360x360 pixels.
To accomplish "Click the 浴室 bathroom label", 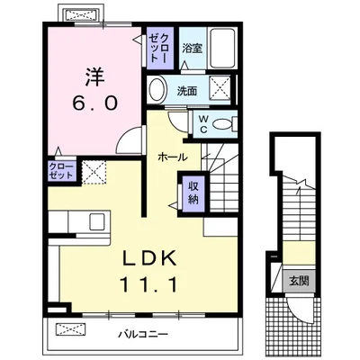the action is [x=193, y=49].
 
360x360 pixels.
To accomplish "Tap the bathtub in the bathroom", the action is [x=222, y=48].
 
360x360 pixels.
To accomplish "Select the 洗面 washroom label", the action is [x=186, y=91].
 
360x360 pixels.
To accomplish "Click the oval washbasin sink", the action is [x=157, y=90].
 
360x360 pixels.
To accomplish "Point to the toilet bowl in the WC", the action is [x=222, y=124].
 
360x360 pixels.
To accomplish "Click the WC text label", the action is [x=203, y=124].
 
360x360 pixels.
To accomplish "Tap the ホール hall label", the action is [x=173, y=157].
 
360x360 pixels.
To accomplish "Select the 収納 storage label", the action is [x=193, y=193].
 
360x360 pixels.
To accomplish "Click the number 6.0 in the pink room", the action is [x=94, y=103].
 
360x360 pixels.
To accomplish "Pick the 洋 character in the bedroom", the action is [x=94, y=76].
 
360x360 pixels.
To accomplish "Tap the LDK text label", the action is [x=148, y=257].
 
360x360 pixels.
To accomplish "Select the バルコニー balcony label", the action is [x=142, y=334].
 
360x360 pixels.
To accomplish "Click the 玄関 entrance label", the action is [x=299, y=281].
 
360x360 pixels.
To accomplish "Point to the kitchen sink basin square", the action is [x=97, y=221].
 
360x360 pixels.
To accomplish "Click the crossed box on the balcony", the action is [x=70, y=329].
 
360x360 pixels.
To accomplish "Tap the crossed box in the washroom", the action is [x=220, y=87].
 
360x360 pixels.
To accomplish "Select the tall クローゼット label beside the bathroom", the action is [x=159, y=48].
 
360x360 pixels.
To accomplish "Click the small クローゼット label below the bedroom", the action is [x=61, y=171].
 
